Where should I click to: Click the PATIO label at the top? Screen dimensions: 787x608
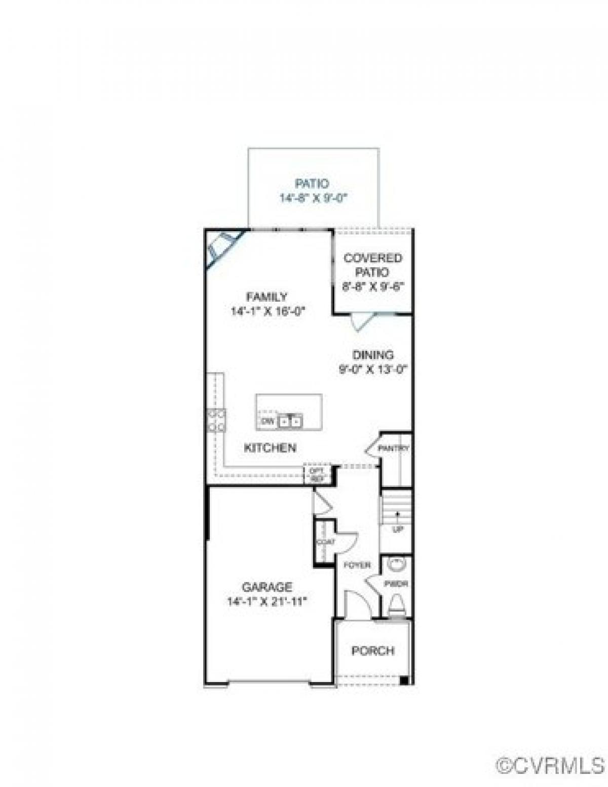click(312, 184)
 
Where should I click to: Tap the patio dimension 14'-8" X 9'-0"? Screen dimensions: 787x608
click(313, 198)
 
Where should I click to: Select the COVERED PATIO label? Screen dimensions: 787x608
click(373, 265)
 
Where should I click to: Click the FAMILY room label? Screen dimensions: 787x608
click(267, 297)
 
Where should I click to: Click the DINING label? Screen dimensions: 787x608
click(373, 355)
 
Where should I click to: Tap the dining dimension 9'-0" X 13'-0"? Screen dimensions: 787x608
click(373, 369)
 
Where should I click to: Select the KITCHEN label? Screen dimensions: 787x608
click(270, 448)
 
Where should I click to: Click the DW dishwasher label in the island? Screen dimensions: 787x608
click(267, 421)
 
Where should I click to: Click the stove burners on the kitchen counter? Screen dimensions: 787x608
click(217, 420)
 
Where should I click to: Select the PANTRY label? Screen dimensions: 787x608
click(394, 449)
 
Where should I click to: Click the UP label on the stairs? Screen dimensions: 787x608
click(398, 530)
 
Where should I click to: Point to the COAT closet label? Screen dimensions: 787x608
click(325, 542)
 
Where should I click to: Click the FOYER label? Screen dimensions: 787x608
click(357, 565)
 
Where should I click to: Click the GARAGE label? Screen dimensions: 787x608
click(267, 587)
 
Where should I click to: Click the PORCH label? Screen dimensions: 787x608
click(373, 651)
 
